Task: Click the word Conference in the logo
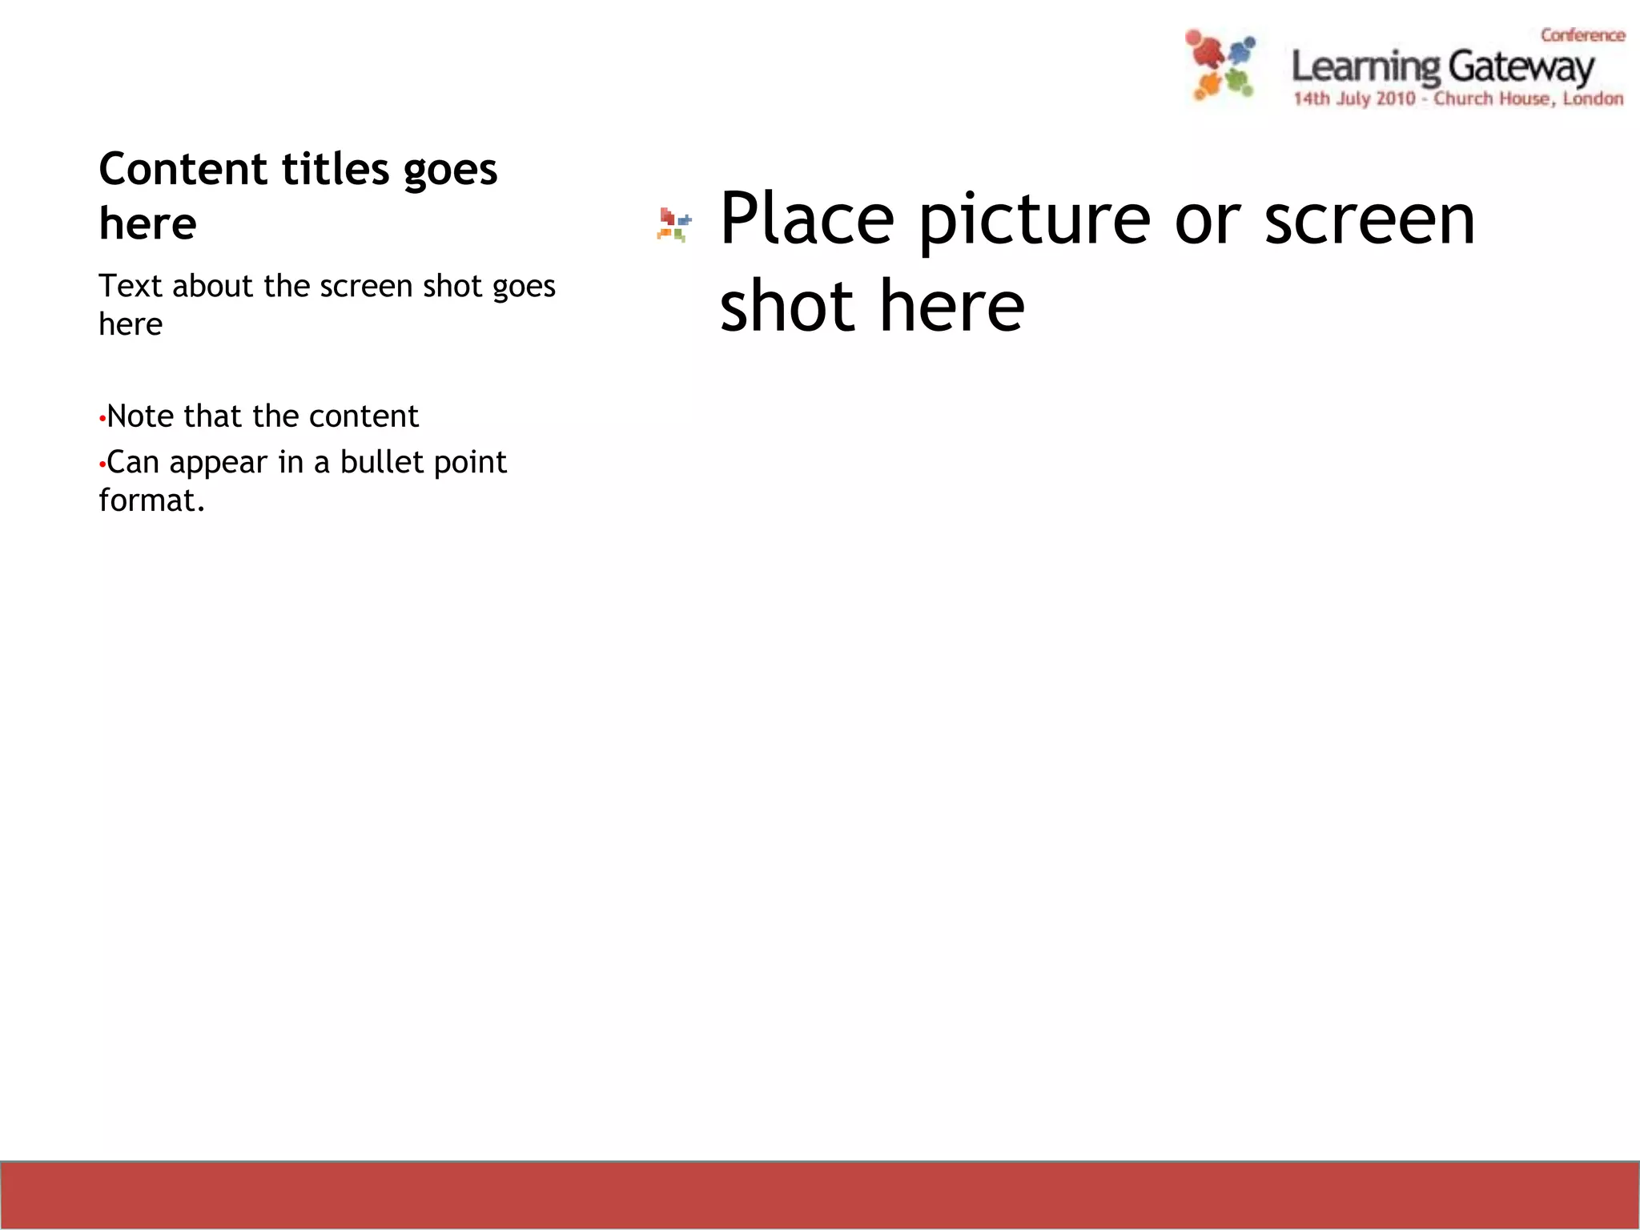[1582, 35]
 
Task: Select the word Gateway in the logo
[1521, 67]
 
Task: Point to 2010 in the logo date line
[1395, 99]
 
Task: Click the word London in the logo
[1593, 99]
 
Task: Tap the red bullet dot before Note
[102, 419]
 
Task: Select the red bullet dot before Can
[102, 464]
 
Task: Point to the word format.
[151, 500]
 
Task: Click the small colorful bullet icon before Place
[673, 224]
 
